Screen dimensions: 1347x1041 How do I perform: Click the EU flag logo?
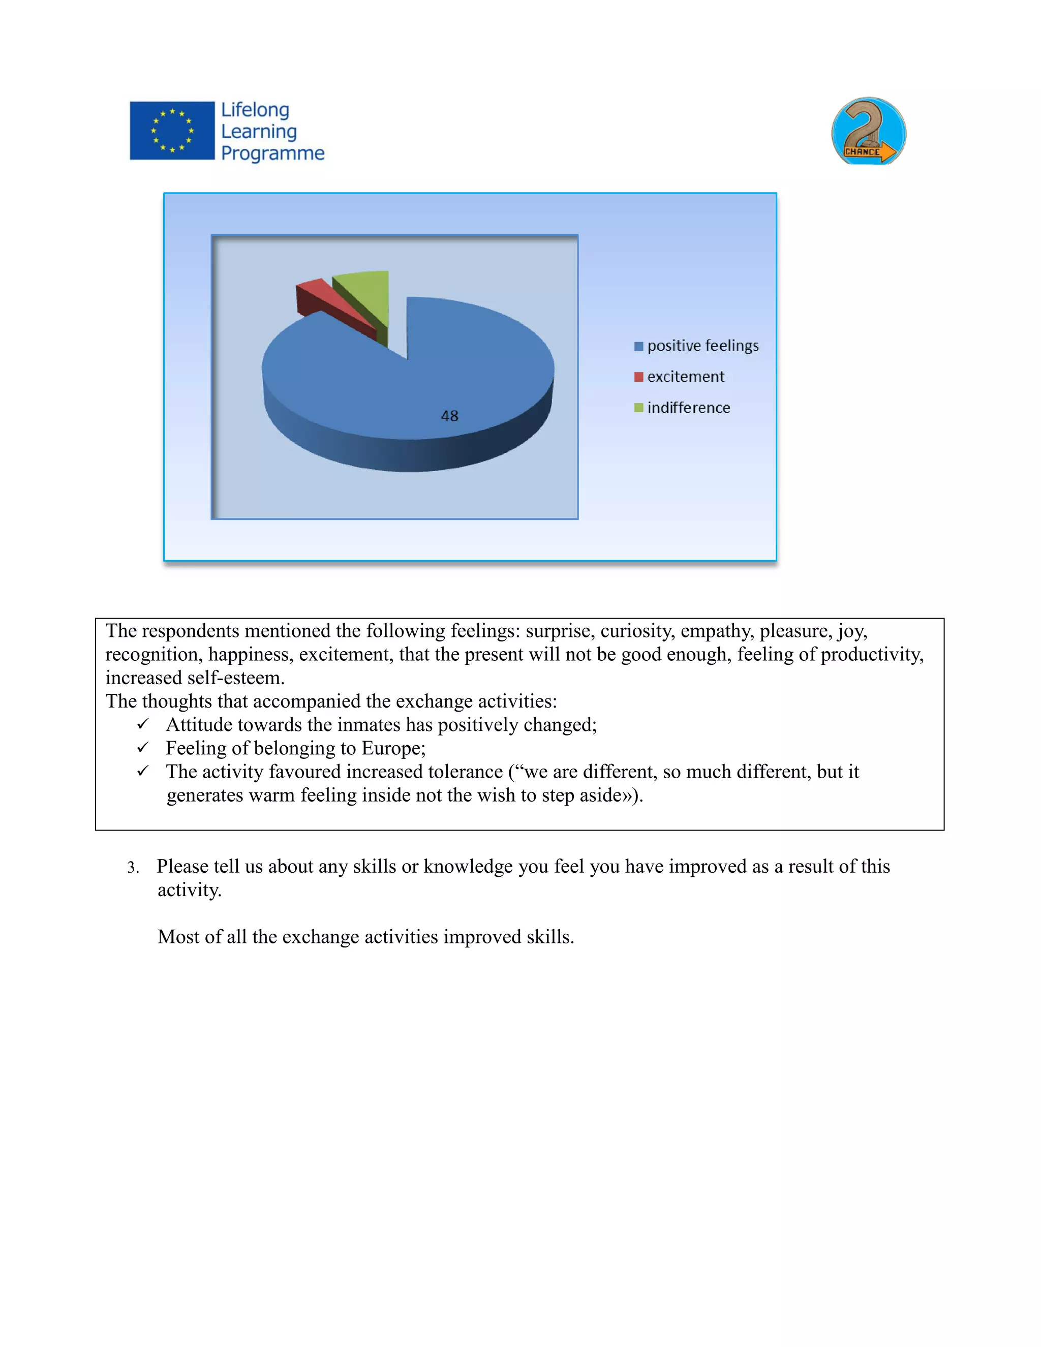click(172, 131)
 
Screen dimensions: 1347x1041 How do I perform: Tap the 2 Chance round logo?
click(868, 131)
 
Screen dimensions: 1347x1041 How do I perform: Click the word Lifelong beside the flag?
click(255, 110)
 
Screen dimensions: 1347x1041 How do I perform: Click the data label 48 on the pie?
click(449, 416)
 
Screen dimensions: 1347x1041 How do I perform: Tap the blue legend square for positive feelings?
click(638, 346)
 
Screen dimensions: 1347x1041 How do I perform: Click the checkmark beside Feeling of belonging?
click(143, 748)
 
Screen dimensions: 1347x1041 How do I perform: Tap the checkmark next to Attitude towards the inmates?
click(143, 724)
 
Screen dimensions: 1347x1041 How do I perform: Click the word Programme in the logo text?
click(272, 153)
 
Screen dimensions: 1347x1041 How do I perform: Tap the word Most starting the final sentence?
click(177, 937)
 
